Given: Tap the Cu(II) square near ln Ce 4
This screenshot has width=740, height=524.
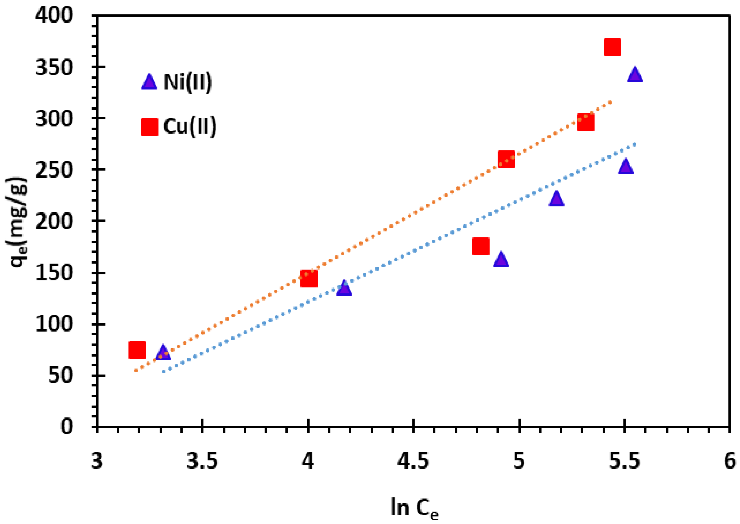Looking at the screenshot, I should pos(309,278).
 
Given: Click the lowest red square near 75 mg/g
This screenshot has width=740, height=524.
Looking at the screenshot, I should pos(137,350).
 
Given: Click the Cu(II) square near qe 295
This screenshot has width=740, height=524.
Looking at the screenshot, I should pos(586,122).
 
